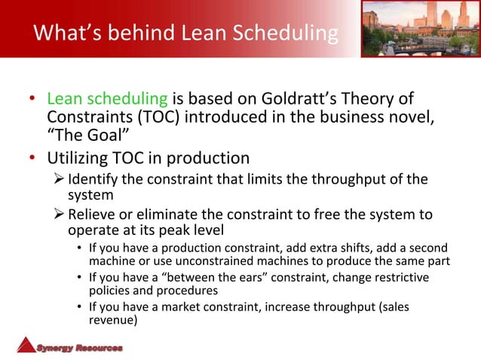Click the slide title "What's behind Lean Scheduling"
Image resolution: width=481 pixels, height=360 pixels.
pyautogui.click(x=185, y=33)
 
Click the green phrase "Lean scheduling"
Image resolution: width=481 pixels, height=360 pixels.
pyautogui.click(x=109, y=99)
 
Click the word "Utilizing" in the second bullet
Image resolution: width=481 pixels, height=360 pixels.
pyautogui.click(x=79, y=158)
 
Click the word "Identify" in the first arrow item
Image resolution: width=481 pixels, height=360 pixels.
pyautogui.click(x=93, y=179)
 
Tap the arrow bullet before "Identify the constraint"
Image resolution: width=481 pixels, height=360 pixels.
pyautogui.click(x=60, y=179)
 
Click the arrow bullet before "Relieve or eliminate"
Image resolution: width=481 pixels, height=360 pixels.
pyautogui.click(x=60, y=215)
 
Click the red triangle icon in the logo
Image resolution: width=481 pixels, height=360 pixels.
pyautogui.click(x=27, y=344)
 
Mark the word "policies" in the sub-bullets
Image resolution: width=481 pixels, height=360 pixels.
pyautogui.click(x=112, y=291)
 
